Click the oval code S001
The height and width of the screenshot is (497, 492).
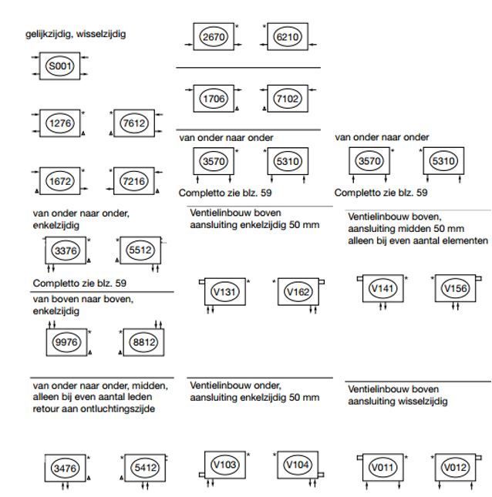[59, 66]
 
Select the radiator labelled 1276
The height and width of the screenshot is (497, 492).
[59, 123]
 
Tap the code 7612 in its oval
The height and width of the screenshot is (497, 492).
[134, 123]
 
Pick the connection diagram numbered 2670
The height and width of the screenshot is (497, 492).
[214, 37]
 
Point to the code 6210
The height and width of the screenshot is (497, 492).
[288, 37]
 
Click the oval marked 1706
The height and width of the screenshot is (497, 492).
[214, 99]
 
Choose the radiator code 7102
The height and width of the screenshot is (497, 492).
[288, 99]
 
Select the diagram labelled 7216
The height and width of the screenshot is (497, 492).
[134, 181]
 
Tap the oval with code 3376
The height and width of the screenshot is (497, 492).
[66, 250]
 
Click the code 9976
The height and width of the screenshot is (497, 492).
[66, 342]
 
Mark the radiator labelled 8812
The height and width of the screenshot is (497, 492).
[143, 342]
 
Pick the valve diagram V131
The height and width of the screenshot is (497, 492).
[224, 291]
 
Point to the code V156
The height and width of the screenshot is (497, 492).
[456, 288]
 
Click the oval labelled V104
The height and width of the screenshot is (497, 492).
[298, 465]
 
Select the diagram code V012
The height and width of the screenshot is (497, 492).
[456, 467]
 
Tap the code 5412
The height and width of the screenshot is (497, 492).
[145, 468]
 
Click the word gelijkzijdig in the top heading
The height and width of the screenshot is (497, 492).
[49, 34]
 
